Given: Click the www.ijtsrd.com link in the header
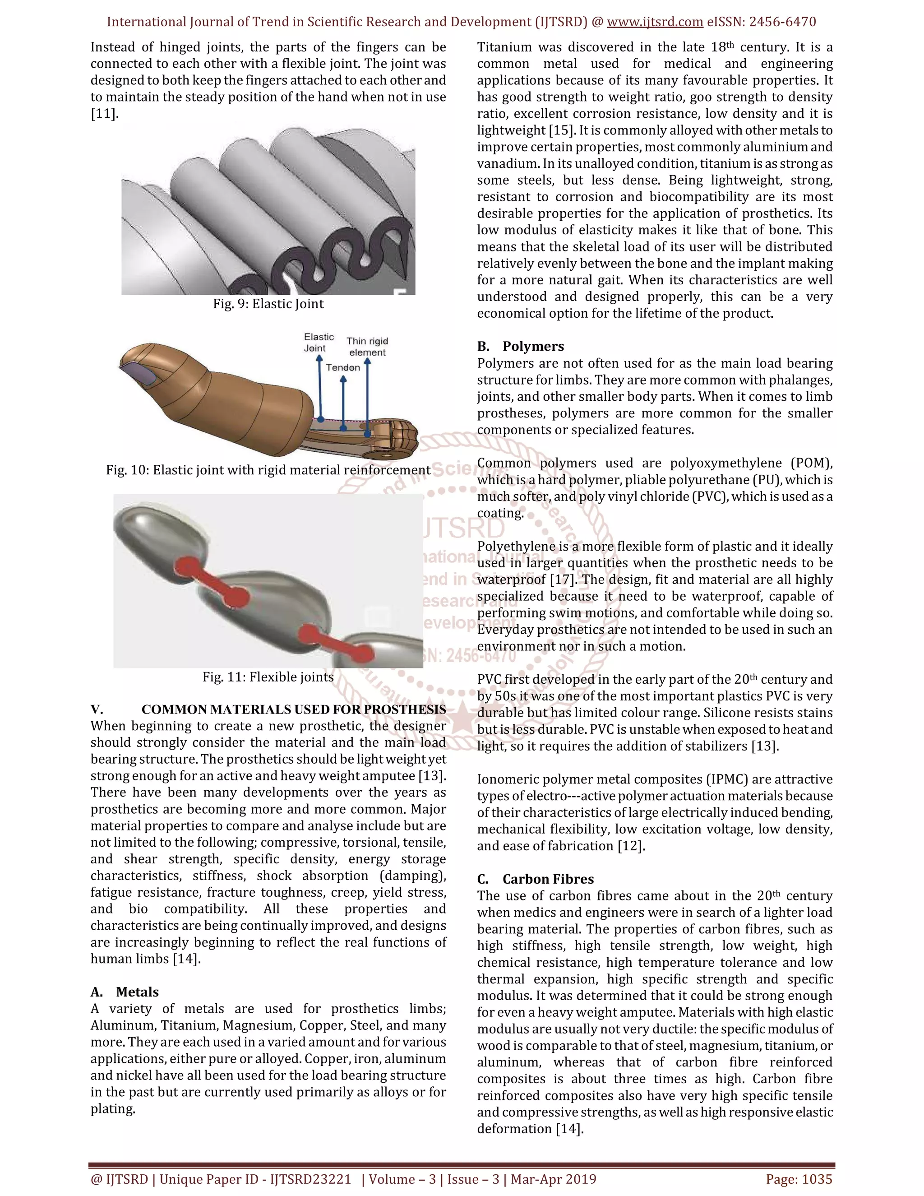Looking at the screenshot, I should tap(655, 22).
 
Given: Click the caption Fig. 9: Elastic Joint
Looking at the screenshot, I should tap(268, 304).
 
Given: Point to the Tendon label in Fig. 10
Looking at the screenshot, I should tap(343, 367).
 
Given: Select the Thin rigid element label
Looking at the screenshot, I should tap(367, 347).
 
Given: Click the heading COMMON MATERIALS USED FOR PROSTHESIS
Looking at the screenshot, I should tap(293, 710).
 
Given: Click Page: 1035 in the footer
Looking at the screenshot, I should tap(799, 1179).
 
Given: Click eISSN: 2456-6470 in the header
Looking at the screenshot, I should tap(761, 22).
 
